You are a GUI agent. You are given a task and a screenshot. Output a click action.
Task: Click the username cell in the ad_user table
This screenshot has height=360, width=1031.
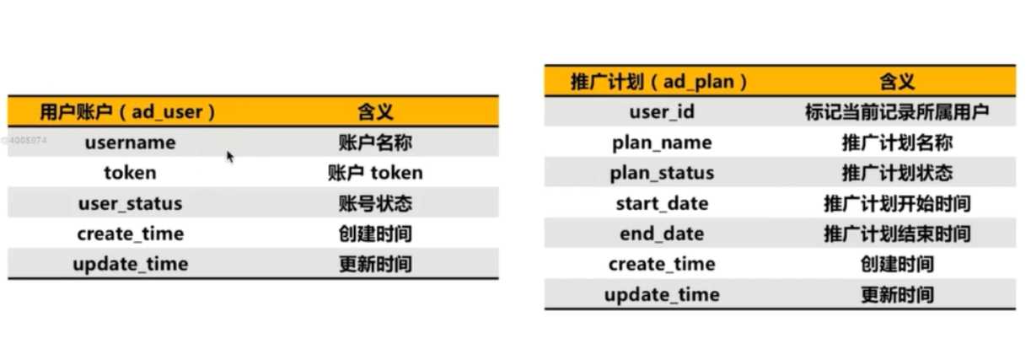point(130,142)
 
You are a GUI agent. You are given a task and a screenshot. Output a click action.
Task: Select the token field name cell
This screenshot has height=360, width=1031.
point(130,173)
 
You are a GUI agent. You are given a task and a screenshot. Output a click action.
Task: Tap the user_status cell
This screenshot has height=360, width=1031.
point(130,203)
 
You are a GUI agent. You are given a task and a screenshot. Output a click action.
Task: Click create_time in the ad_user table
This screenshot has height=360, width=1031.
point(130,234)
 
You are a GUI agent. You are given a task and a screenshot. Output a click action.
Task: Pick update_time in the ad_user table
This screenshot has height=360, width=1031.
point(130,264)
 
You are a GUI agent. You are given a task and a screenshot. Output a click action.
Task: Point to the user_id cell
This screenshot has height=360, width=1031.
point(662,111)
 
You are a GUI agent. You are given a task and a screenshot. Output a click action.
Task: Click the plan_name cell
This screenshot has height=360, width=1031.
point(662,142)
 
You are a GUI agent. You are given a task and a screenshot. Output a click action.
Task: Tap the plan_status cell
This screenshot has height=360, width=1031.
point(662,173)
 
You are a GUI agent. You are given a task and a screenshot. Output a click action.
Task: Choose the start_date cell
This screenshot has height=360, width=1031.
point(662,203)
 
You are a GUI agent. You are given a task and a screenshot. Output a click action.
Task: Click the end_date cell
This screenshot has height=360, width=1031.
point(662,234)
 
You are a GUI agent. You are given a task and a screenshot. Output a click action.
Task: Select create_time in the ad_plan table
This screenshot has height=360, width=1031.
point(662,264)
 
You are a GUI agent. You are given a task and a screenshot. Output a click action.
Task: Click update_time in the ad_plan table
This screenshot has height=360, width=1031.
point(662,294)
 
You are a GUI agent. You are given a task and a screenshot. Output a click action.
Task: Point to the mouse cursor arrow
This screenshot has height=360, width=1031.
point(229,156)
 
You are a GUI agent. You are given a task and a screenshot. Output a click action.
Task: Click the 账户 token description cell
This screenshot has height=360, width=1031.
point(375,173)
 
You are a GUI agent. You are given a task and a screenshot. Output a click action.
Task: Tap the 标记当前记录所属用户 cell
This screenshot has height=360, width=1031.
point(897,111)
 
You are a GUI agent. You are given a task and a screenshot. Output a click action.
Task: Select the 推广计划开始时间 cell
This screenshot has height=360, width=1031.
point(897,203)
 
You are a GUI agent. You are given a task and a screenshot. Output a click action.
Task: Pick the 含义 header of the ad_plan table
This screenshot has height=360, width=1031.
point(897,81)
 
